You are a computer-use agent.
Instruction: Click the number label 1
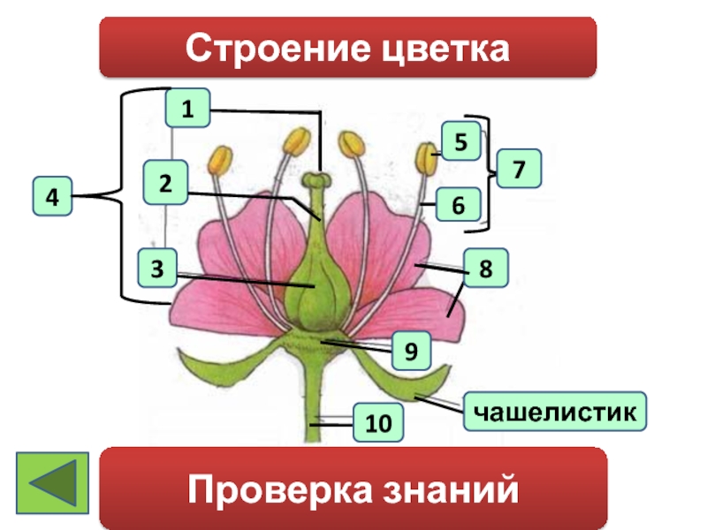pyautogui.click(x=186, y=110)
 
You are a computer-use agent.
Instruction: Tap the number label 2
pyautogui.click(x=165, y=182)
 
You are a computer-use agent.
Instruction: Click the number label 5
pyautogui.click(x=461, y=140)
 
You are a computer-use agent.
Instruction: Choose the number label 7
pyautogui.click(x=519, y=168)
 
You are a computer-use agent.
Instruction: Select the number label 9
pyautogui.click(x=411, y=350)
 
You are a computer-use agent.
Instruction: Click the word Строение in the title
pyautogui.click(x=268, y=48)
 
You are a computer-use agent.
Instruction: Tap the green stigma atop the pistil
pyautogui.click(x=315, y=180)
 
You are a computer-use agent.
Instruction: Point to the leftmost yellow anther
pyautogui.click(x=218, y=159)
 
